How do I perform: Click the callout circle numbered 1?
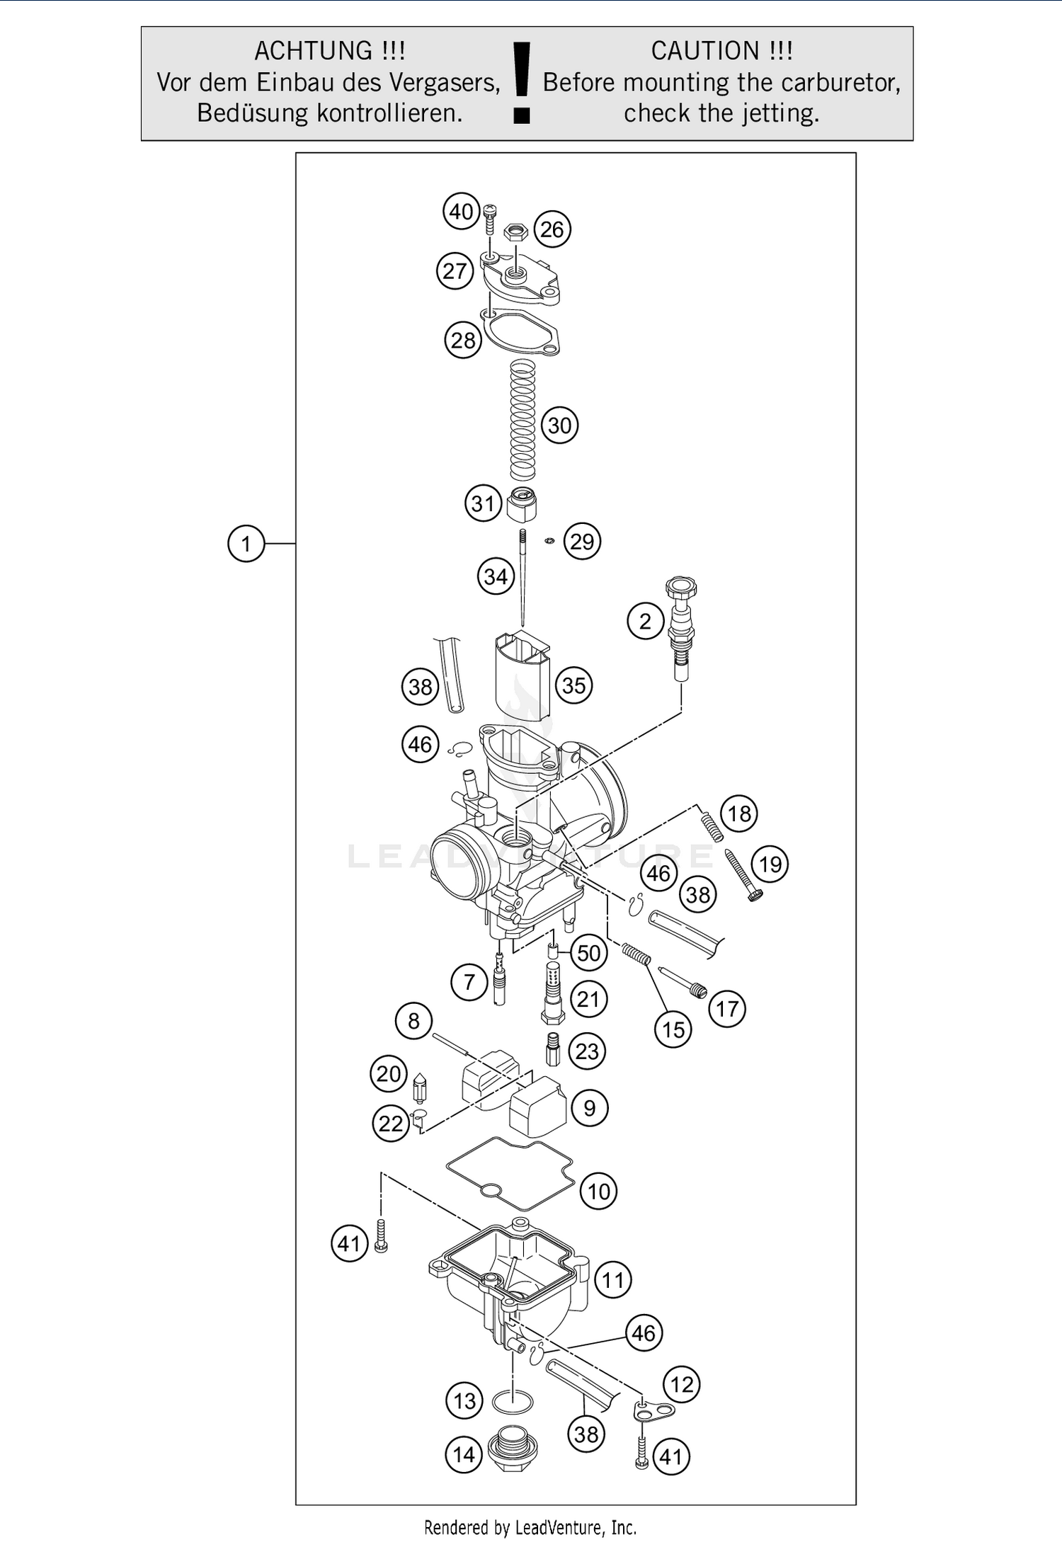coord(246,544)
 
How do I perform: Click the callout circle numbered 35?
coord(573,685)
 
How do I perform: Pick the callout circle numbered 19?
coord(770,864)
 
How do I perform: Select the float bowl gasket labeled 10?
coord(510,1175)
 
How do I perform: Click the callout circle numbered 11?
coord(612,1279)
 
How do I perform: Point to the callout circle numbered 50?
coord(588,953)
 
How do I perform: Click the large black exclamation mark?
coord(521,81)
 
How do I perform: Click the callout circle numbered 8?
coord(413,1021)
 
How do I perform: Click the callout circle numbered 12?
coord(681,1384)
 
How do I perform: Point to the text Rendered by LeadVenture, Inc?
coord(530,1527)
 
